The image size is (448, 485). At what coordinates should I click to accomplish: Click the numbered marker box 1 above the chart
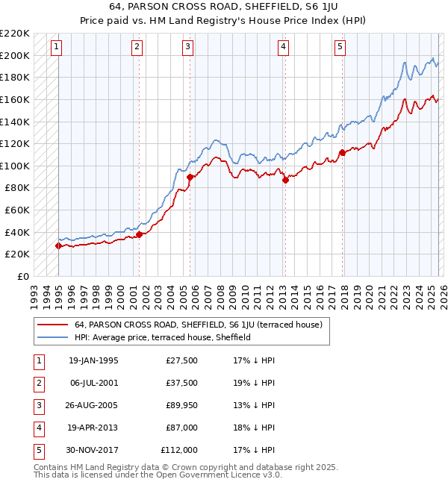(x=57, y=47)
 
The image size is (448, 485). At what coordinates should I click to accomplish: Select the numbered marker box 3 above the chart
(x=187, y=47)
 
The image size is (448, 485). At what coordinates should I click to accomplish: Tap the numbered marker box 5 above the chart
(x=340, y=47)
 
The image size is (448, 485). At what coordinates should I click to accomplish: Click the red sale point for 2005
(x=190, y=177)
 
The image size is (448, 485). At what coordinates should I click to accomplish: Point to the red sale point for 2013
(x=285, y=180)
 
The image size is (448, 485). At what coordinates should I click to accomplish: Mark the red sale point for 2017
(x=342, y=152)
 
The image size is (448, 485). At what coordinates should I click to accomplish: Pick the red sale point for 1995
(x=58, y=245)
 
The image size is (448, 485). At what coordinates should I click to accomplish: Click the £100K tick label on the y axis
(x=15, y=166)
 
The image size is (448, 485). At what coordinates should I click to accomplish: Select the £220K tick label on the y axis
(x=15, y=34)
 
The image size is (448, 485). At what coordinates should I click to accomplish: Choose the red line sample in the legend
(x=52, y=325)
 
